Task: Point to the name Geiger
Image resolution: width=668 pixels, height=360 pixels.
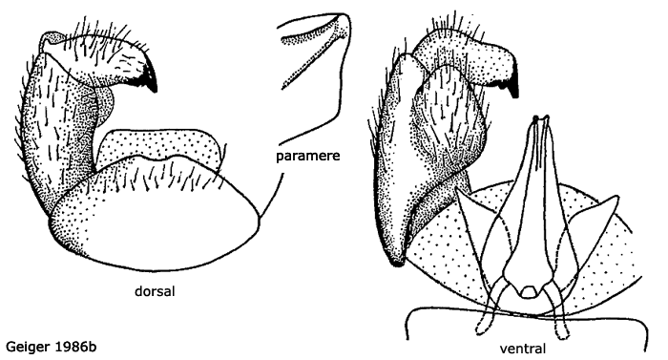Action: coord(29,344)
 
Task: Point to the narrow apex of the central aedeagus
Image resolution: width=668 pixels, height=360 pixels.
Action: coord(542,123)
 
